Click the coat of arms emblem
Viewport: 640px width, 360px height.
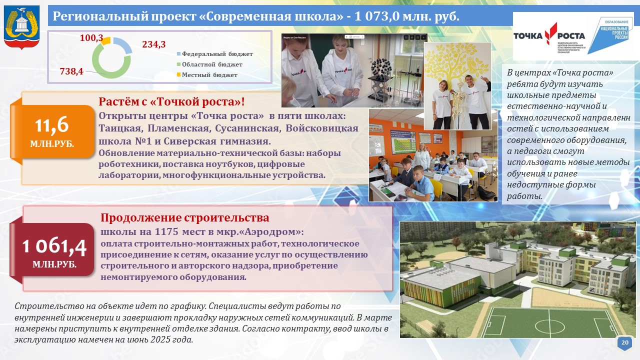click(21, 27)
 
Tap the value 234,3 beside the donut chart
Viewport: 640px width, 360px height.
click(153, 44)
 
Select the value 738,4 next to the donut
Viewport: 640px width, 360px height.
click(71, 71)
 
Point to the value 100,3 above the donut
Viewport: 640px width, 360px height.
click(91, 38)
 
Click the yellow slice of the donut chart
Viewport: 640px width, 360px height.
click(106, 41)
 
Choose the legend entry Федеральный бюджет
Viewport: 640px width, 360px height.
click(215, 54)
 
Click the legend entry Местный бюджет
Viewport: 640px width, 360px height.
click(207, 75)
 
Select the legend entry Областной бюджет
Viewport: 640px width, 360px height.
click(209, 64)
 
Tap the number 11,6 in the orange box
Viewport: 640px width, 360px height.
click(51, 125)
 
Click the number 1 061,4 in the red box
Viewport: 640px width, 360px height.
click(54, 246)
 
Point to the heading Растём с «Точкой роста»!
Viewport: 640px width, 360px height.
click(171, 101)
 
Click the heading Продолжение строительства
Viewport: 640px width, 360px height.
click(185, 217)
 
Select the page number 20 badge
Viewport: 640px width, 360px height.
click(625, 342)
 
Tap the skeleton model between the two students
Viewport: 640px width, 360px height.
click(459, 105)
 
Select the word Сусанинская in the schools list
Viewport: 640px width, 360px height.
click(247, 128)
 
